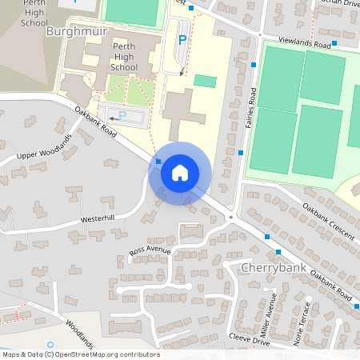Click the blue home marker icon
pos(180,172)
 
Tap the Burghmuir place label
pos(76,32)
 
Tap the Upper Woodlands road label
pos(45,149)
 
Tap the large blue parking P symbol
pos(182,39)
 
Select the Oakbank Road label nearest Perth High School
pos(97,123)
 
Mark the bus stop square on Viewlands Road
pos(334,43)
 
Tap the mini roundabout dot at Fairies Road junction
pos(230,217)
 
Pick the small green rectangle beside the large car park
pos(205,82)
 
